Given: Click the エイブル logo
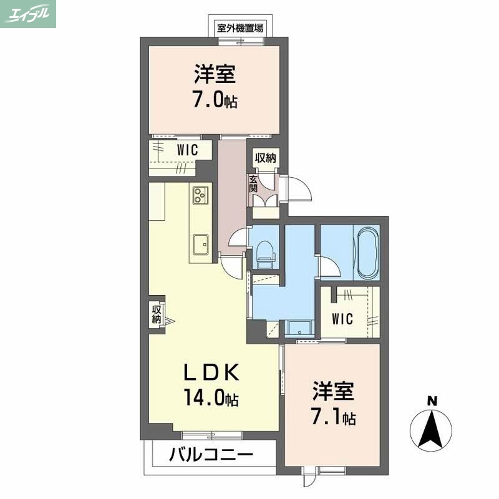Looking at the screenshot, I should pos(29,14).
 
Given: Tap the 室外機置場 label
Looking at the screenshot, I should pos(240,27).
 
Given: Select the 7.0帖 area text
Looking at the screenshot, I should pos(215,100).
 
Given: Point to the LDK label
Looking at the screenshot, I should pos(210,373).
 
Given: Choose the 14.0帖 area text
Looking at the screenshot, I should pos(210,397).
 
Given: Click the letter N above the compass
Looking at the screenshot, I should pos(430,400).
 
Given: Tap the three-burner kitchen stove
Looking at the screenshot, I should pos(200,195).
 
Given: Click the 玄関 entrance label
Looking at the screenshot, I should pos(254,183).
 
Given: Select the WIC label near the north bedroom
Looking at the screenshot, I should pos(187,150).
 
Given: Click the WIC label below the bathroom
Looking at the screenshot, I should pos(342,319).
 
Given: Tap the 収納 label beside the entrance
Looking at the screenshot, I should pos(265,158).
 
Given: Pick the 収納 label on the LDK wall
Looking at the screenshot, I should pos(156,314).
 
